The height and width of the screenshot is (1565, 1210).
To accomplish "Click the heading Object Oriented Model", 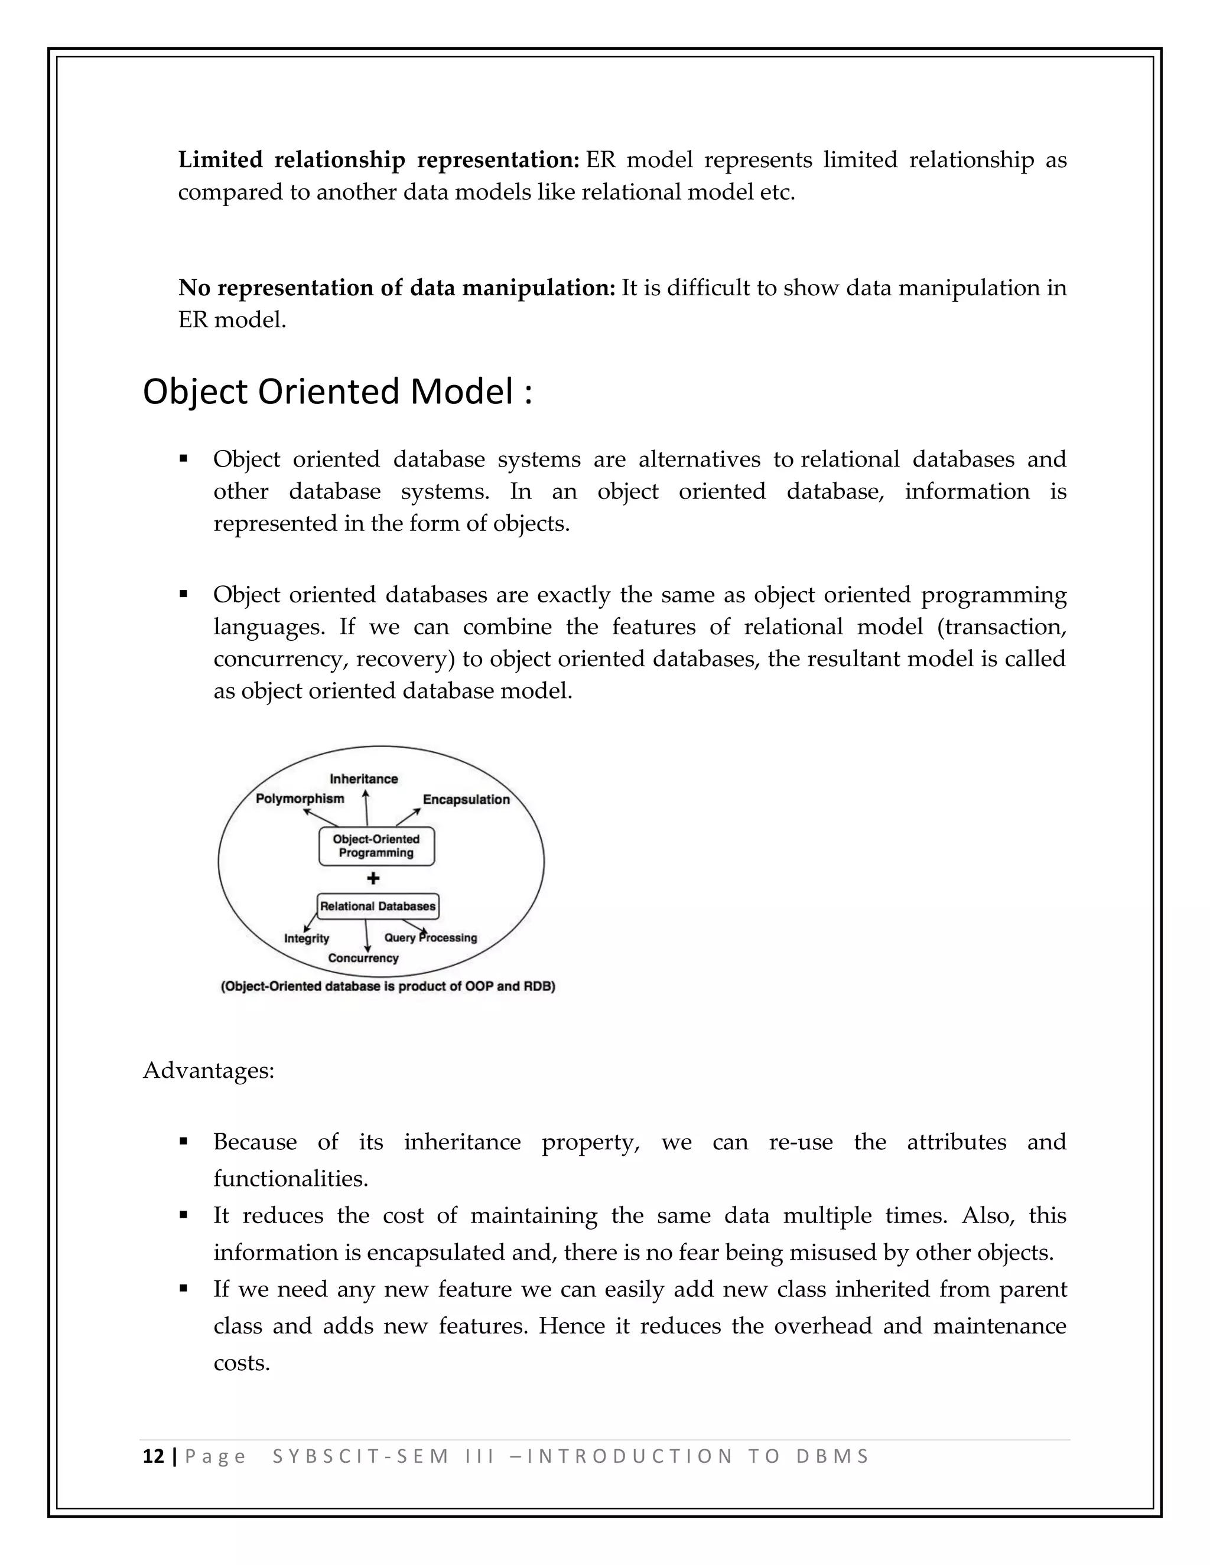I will click(x=337, y=392).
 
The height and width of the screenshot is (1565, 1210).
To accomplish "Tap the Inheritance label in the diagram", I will click(x=363, y=778).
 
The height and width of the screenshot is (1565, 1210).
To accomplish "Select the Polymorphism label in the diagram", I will click(x=300, y=798).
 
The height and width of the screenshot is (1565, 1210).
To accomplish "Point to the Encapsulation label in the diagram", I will click(x=466, y=799).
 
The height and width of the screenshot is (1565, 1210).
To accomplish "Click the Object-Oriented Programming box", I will click(x=376, y=846).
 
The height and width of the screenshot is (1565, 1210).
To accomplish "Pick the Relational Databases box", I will click(x=378, y=906).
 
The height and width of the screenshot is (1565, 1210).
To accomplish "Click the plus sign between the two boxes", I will click(x=373, y=879).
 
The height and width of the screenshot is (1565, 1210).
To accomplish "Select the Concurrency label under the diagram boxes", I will click(x=363, y=958).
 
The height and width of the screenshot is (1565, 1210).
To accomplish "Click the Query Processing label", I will click(x=430, y=937).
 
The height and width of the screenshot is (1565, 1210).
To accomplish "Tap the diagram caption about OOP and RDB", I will click(x=388, y=986).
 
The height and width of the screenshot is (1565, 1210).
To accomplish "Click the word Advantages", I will click(x=209, y=1071).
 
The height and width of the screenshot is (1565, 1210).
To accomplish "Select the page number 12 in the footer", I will click(x=154, y=1457).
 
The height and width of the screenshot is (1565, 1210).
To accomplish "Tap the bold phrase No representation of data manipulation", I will click(x=396, y=288).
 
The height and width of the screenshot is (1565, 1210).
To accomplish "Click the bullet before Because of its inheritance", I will click(x=184, y=1142).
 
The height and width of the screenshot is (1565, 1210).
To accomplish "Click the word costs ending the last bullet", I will click(x=242, y=1362).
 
